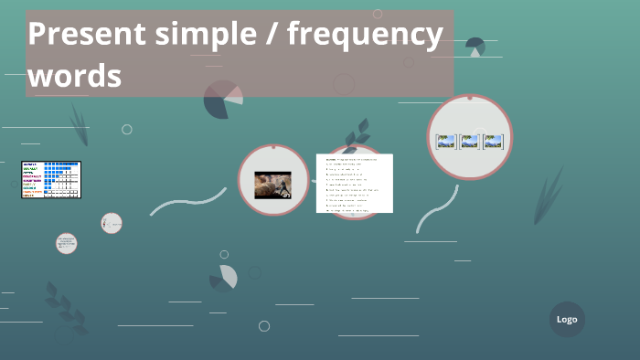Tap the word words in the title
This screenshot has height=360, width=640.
[74, 76]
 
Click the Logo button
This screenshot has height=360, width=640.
[567, 319]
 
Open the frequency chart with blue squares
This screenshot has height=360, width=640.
[51, 179]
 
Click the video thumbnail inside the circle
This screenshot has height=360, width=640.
[272, 185]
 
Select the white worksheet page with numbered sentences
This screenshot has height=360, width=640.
[354, 183]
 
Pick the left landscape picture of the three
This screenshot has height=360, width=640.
[446, 142]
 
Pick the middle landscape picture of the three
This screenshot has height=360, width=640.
[470, 142]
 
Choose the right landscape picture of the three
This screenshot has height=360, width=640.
[494, 142]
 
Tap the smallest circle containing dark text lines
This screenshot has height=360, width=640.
[66, 243]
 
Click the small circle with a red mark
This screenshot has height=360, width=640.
[112, 223]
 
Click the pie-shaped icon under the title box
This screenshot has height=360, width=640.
[222, 100]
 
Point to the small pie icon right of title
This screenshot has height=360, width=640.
[475, 47]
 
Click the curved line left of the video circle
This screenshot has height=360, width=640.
[187, 202]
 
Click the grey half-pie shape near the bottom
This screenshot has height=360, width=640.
[228, 276]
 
